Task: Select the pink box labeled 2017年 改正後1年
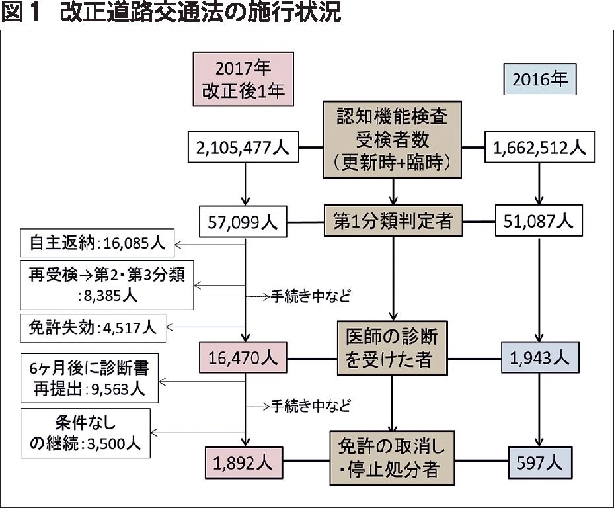(x=243, y=79)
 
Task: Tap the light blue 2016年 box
(x=539, y=79)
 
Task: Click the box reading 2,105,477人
(x=243, y=148)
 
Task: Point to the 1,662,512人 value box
(x=539, y=148)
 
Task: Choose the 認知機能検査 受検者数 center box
(x=392, y=140)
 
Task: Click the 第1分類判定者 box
(x=393, y=221)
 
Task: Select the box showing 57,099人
(x=243, y=222)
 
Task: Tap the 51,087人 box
(x=539, y=221)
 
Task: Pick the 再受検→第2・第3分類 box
(x=106, y=285)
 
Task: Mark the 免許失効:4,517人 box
(x=93, y=327)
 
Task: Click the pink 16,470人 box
(x=243, y=358)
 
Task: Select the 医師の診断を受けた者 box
(x=392, y=349)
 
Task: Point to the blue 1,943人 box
(x=539, y=358)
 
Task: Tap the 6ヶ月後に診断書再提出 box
(x=89, y=380)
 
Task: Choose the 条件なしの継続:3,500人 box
(x=85, y=433)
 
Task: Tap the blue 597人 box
(x=540, y=461)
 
